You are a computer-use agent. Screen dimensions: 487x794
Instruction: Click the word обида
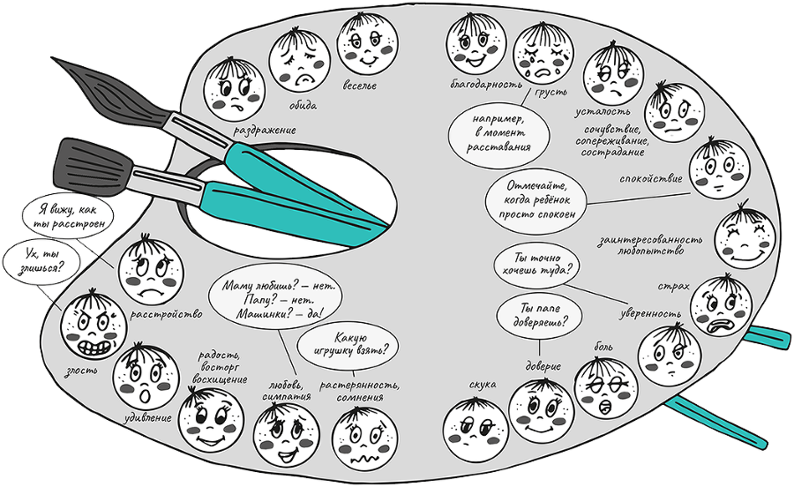click(302, 105)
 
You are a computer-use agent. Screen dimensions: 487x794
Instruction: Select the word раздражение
click(263, 129)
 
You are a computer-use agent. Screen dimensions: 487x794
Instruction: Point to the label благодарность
click(480, 86)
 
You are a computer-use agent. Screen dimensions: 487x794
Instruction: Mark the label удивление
click(146, 416)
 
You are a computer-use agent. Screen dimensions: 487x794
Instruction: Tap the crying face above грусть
click(543, 52)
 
